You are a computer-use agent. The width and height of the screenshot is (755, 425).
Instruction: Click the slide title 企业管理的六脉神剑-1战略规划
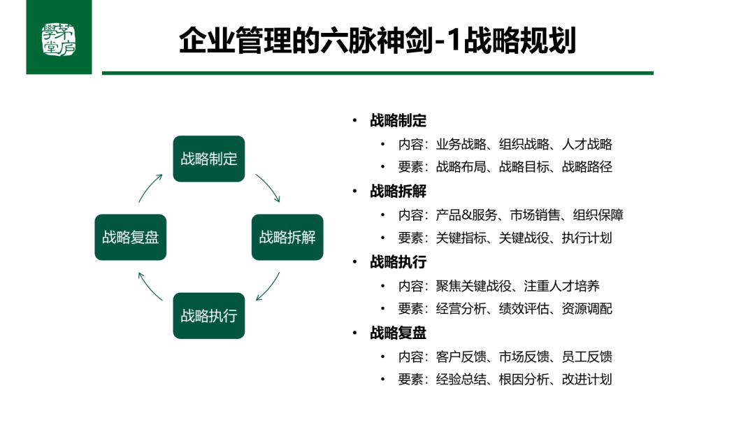377,41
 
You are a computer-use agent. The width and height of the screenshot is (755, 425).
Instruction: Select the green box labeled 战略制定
209,159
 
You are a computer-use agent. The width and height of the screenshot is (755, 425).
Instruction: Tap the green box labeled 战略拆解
287,237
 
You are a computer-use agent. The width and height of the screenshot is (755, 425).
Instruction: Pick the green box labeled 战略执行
209,316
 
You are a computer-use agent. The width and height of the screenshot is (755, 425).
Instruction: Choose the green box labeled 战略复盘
131,237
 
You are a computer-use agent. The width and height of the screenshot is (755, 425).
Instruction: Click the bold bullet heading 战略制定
398,120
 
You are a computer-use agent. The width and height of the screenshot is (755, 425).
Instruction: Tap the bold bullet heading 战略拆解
398,191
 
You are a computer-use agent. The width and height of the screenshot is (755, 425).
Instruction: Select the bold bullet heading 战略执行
398,262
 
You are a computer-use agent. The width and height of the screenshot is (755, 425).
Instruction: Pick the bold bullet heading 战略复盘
398,333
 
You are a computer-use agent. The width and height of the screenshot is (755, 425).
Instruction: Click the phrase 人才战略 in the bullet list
587,144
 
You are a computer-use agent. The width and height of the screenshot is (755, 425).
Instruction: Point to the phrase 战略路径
587,166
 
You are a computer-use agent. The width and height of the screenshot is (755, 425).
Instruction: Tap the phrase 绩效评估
524,308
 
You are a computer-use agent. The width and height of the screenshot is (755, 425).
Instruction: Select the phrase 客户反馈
461,356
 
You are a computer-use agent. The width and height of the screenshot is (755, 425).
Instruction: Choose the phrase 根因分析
524,380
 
